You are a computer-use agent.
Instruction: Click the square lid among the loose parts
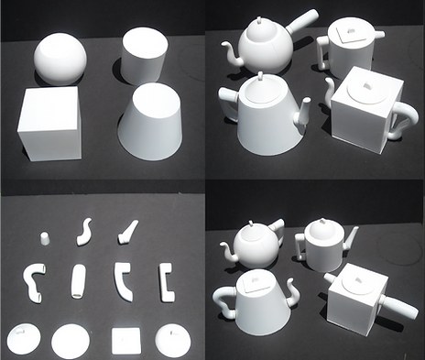pyautogui.click(x=125, y=341)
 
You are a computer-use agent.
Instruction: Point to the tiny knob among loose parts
pyautogui.click(x=44, y=239)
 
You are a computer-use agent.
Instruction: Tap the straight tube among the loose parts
pyautogui.click(x=79, y=281)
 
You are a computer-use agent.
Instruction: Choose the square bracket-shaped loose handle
pyautogui.click(x=166, y=281)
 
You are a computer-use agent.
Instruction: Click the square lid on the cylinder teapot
pyautogui.click(x=346, y=32)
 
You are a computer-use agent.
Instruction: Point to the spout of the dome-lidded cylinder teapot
pyautogui.click(x=350, y=242)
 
